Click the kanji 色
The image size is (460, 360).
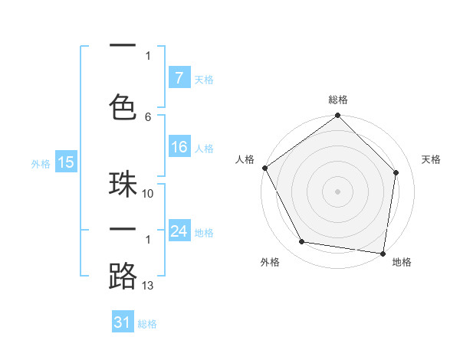[123, 104]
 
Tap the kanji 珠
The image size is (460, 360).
[123, 185]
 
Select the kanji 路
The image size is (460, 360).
[123, 276]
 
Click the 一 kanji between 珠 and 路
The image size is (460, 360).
[123, 231]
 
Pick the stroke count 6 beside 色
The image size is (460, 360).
[148, 116]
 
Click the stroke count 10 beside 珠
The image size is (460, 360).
[148, 194]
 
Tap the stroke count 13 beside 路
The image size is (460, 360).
[148, 286]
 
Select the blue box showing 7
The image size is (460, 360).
[179, 78]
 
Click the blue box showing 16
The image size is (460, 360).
[179, 148]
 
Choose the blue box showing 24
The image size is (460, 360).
[179, 231]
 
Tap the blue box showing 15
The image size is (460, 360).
[65, 162]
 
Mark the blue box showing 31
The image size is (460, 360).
[123, 322]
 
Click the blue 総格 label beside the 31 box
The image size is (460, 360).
[147, 324]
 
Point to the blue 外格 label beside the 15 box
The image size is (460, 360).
[41, 163]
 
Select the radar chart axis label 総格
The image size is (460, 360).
[338, 100]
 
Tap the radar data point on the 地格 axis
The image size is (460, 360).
[383, 253]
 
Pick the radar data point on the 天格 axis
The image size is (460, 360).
[396, 172]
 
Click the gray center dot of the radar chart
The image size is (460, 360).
[338, 191]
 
